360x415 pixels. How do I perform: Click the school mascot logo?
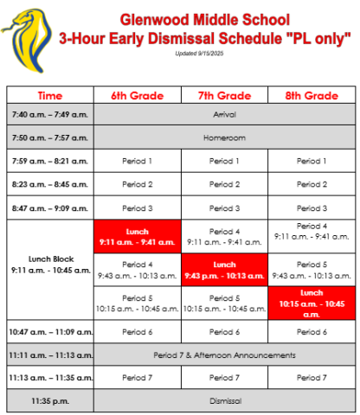click(29, 34)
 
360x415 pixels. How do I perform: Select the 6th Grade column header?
click(137, 95)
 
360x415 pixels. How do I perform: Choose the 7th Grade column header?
click(225, 95)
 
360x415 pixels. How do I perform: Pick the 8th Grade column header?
click(312, 95)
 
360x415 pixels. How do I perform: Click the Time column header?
click(49, 95)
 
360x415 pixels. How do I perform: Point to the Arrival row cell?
click(224, 115)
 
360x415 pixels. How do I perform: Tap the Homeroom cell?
click(224, 137)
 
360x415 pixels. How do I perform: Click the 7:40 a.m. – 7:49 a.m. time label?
click(49, 115)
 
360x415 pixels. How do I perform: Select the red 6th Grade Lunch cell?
click(137, 237)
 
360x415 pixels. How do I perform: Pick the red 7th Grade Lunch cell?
click(225, 270)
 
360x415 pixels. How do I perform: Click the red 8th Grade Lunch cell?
click(312, 303)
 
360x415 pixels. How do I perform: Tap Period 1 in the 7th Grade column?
click(225, 161)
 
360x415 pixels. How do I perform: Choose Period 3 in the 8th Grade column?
click(312, 208)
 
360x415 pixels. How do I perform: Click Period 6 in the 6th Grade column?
click(137, 332)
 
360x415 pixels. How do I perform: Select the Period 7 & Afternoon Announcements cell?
click(224, 354)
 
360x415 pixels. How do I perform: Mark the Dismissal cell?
click(224, 401)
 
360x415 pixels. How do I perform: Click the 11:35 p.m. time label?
click(49, 401)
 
